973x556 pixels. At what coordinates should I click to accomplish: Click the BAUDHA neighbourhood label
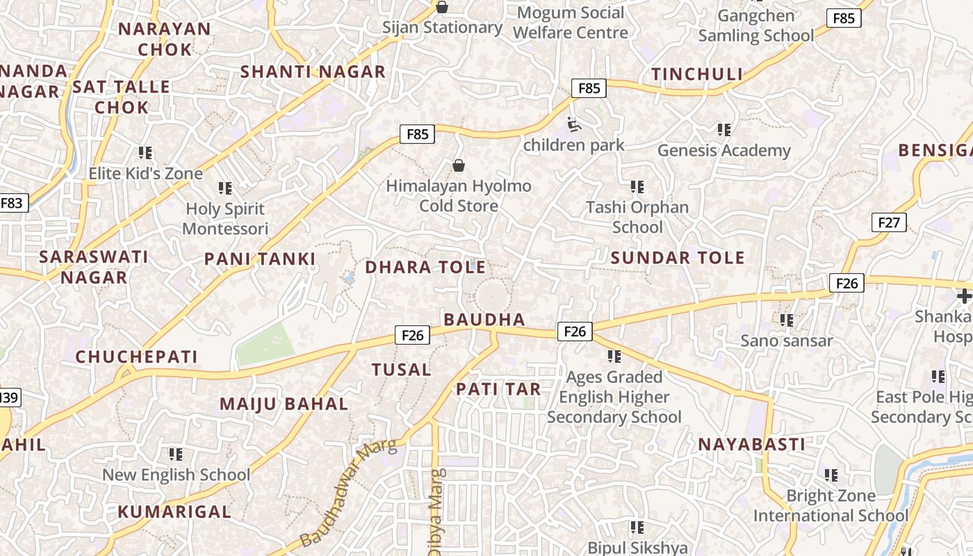[484, 320]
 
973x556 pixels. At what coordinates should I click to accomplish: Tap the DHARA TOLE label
[425, 268]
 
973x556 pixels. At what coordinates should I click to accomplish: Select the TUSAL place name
[401, 370]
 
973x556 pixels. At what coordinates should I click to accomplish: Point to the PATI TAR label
[498, 390]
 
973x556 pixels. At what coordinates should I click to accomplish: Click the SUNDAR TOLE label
[678, 259]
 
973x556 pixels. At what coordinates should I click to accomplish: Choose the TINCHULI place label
[696, 74]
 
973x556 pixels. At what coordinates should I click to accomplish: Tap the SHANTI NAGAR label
[312, 72]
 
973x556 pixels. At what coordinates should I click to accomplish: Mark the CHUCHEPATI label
[136, 357]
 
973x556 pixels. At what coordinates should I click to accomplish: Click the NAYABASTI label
[751, 445]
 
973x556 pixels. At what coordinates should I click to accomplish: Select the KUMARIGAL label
[174, 512]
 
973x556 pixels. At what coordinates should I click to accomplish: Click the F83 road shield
[13, 203]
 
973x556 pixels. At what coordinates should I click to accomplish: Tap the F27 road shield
[888, 222]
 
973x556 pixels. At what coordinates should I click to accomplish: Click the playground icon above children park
[574, 125]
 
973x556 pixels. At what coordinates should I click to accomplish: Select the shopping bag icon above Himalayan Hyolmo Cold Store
[459, 165]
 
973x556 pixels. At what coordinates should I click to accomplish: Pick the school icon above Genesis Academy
[724, 130]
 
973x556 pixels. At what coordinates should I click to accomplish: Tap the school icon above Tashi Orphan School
[637, 187]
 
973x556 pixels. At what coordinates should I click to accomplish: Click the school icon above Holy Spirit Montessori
[224, 188]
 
